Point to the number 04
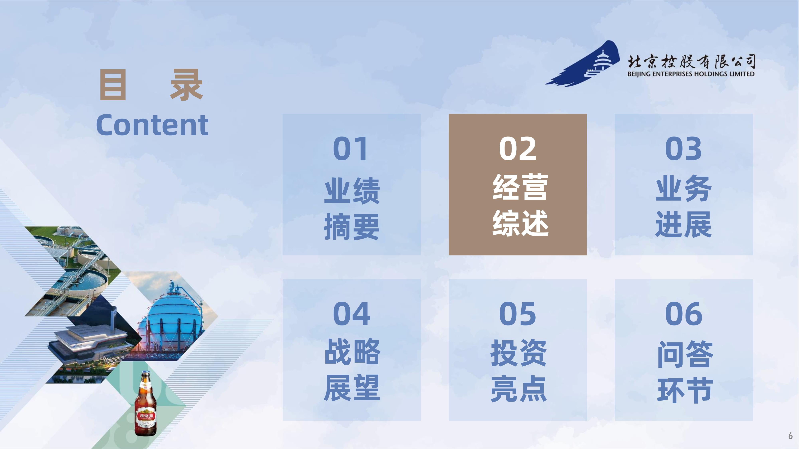click(x=351, y=314)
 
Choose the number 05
click(x=517, y=314)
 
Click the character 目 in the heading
click(x=113, y=85)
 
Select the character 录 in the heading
click(x=186, y=85)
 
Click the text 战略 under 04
click(x=352, y=352)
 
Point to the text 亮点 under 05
click(x=518, y=388)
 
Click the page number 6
click(x=790, y=435)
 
